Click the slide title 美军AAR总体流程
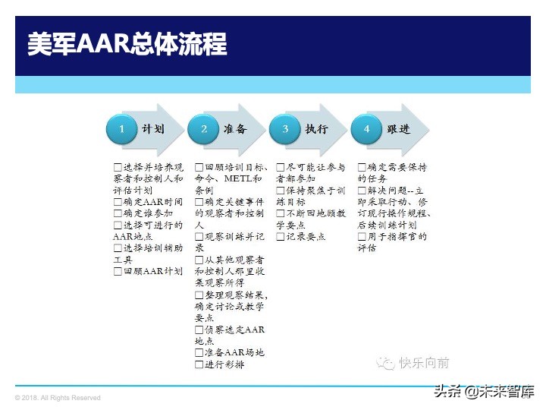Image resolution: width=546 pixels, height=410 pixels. tap(127, 43)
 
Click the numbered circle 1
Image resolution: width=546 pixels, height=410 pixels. tap(121, 129)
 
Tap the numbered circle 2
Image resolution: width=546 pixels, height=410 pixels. tap(204, 129)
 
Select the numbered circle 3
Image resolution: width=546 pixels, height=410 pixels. tap(286, 129)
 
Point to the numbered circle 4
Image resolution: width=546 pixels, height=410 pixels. tap(367, 129)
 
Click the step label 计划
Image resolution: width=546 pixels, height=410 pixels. tap(153, 129)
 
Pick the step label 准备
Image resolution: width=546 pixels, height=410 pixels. tap(235, 129)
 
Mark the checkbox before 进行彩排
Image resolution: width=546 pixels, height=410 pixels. tap(199, 364)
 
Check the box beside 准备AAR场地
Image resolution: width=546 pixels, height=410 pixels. tap(199, 353)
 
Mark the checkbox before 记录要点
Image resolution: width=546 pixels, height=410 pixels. tap(281, 237)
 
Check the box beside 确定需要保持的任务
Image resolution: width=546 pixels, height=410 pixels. tap(362, 167)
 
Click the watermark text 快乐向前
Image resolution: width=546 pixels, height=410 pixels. tap(425, 363)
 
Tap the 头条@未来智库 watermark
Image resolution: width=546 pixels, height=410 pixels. tap(484, 392)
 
